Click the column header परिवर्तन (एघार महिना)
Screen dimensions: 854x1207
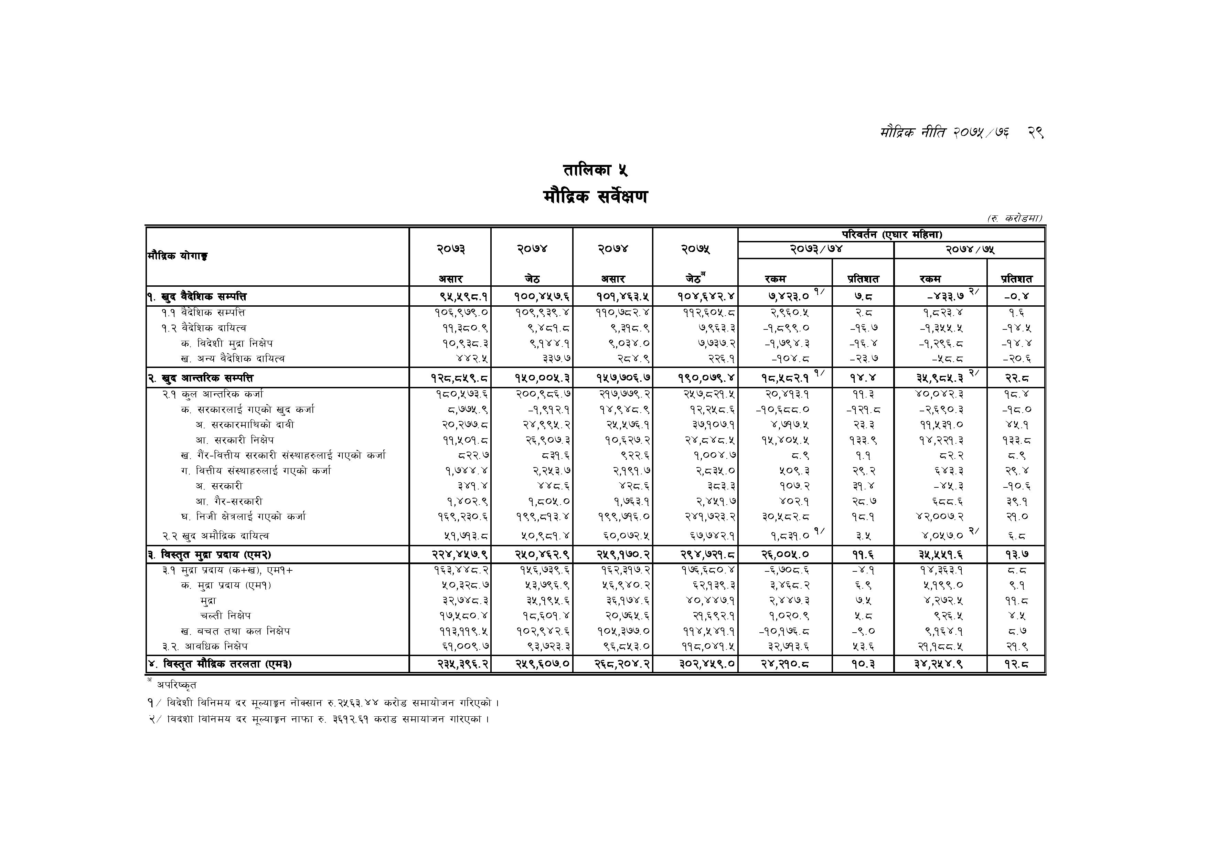point(891,234)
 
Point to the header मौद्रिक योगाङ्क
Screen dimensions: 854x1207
point(178,256)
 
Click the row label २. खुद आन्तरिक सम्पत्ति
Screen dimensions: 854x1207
point(200,378)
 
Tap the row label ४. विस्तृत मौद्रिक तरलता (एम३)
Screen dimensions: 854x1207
point(220,664)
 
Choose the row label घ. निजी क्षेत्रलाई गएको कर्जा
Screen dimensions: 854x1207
point(243,517)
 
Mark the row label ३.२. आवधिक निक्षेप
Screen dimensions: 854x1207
point(205,646)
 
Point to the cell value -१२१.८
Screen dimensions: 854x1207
point(863,410)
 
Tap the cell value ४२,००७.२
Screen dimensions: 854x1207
point(939,517)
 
